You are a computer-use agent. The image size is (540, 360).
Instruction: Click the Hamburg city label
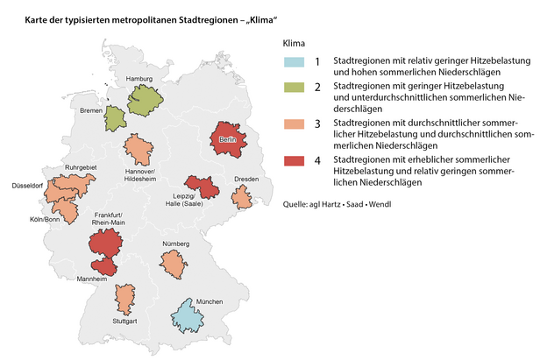pos(140,80)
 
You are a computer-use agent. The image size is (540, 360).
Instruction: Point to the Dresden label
pos(246,180)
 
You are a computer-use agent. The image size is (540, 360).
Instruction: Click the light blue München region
pos(188,317)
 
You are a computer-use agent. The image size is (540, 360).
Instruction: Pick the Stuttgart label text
pos(124,321)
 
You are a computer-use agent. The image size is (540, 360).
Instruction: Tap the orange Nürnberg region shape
pos(174,261)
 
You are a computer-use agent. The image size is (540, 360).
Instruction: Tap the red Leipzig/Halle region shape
pos(205,187)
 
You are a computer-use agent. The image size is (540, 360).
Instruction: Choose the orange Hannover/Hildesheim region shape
pos(137,150)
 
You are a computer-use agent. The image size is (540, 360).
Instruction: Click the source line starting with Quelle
pos(336,205)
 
